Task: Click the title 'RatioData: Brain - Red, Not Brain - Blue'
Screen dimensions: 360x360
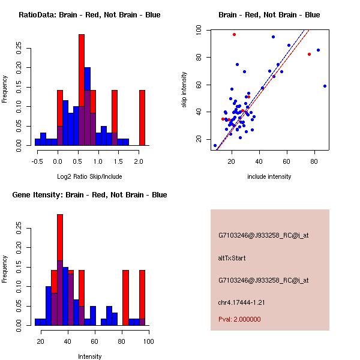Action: click(x=89, y=14)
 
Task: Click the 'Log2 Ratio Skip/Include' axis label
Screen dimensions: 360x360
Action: click(x=89, y=176)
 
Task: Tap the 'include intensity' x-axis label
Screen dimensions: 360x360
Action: click(x=269, y=176)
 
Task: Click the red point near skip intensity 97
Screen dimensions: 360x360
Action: click(x=234, y=34)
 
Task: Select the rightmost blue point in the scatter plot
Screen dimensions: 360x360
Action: click(x=325, y=86)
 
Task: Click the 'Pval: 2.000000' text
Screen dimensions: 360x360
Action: click(x=239, y=319)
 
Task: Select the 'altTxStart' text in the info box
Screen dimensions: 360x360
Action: click(x=232, y=258)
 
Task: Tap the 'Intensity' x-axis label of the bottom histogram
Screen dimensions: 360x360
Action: click(x=89, y=356)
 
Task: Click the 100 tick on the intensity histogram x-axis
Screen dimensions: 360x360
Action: click(x=148, y=341)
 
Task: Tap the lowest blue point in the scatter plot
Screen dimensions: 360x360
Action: click(x=215, y=145)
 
